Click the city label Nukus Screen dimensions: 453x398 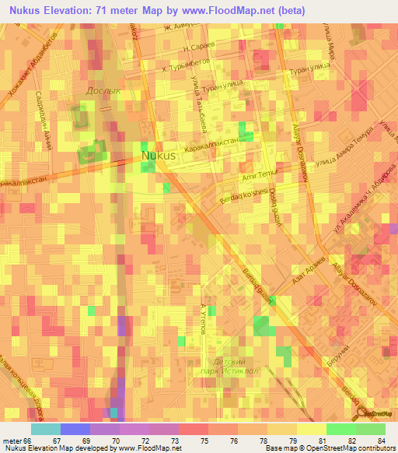159,156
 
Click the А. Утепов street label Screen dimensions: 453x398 203,321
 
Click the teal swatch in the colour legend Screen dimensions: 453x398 45,429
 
